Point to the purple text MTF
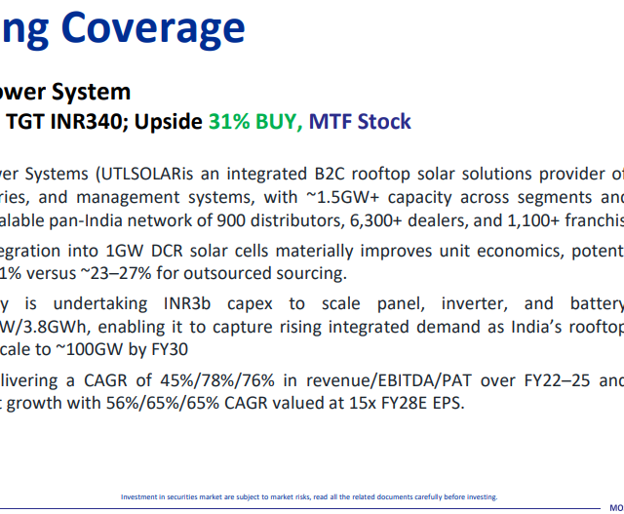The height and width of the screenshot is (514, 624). click(x=331, y=122)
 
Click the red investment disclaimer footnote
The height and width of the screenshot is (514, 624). click(x=308, y=496)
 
